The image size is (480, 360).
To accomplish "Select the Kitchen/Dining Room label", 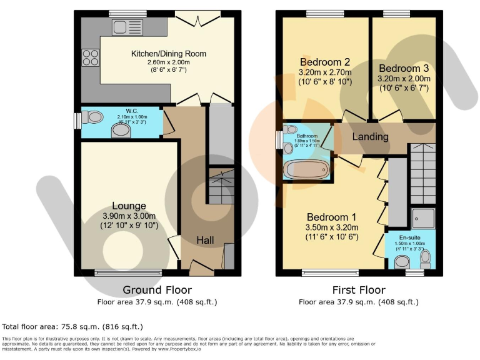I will (168, 54).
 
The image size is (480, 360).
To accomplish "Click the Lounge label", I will (129, 206).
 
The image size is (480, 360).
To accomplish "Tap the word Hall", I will (206, 240).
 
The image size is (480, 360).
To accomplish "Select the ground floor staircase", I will (221, 186).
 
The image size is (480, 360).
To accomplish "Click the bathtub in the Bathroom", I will (306, 169).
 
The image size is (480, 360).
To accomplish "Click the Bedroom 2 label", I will (324, 62).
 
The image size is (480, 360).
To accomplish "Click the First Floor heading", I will (359, 290).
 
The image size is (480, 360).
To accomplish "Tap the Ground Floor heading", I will (157, 290).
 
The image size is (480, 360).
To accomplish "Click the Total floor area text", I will (72, 326).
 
